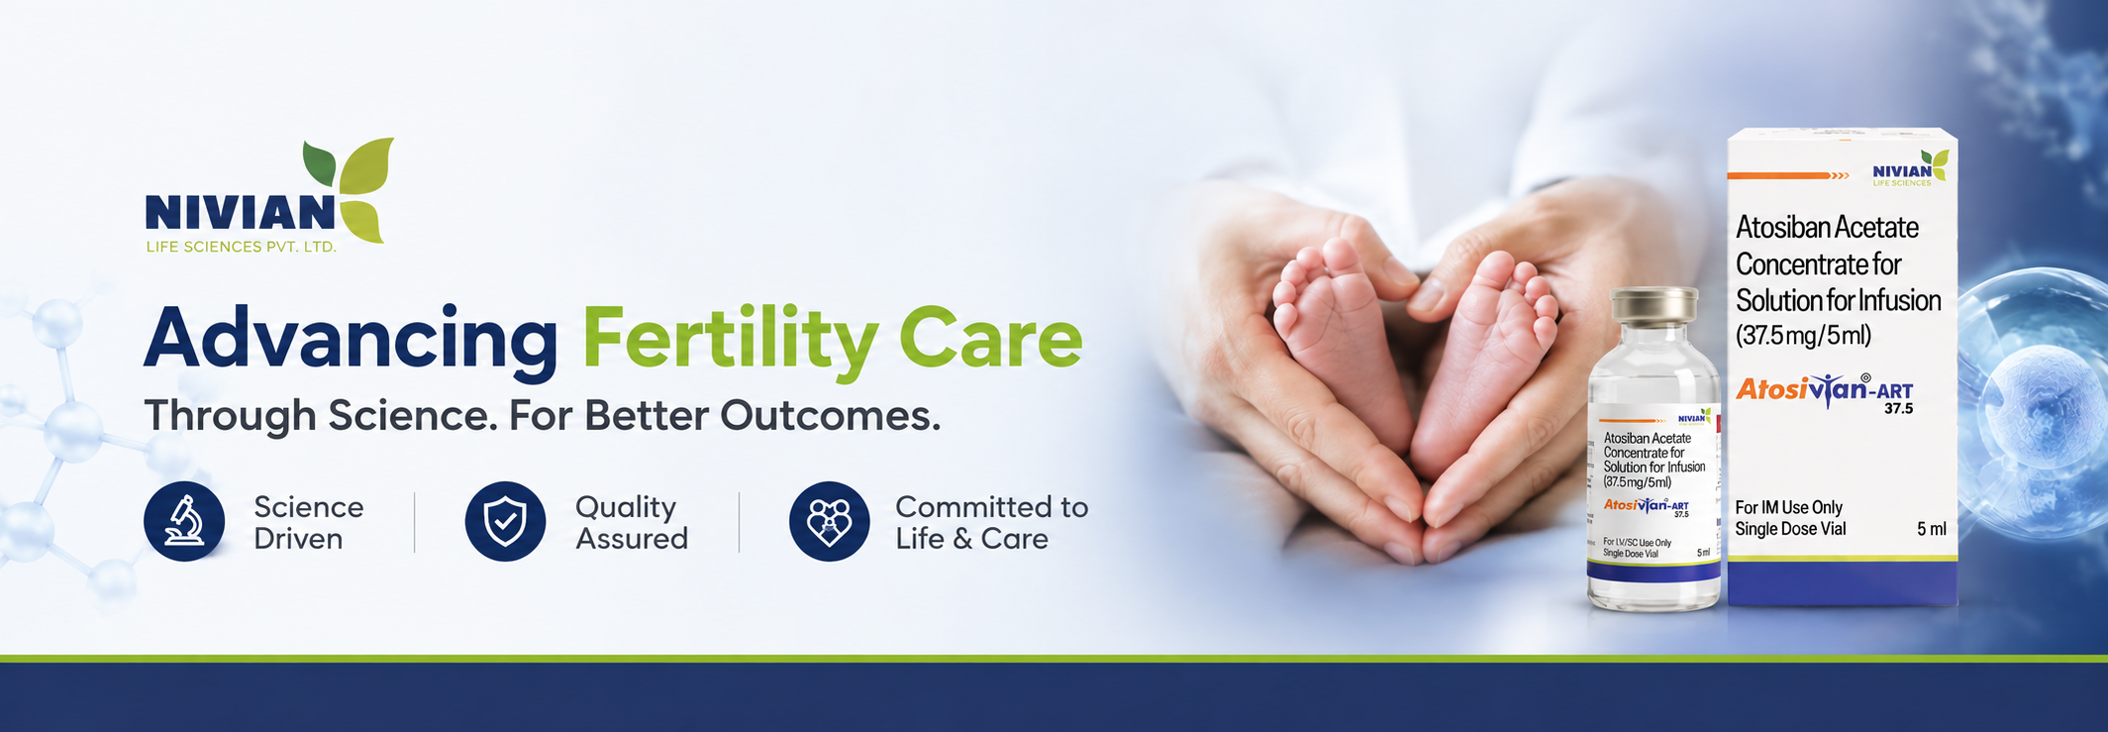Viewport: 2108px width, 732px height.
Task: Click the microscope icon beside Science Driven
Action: tap(184, 521)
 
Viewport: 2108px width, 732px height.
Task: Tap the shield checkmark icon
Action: tap(505, 521)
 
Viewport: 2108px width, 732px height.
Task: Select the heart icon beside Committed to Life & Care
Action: tap(830, 521)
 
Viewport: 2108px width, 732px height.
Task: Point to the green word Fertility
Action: tap(730, 341)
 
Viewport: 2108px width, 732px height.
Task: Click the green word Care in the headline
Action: tap(990, 338)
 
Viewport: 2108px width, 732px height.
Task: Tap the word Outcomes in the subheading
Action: tap(830, 415)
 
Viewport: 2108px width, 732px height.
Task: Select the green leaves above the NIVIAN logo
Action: tap(349, 189)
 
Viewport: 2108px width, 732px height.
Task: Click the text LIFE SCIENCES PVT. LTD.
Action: tap(242, 247)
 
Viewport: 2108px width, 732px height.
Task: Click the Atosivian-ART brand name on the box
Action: tap(1825, 391)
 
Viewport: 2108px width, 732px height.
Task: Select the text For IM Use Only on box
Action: tap(1788, 507)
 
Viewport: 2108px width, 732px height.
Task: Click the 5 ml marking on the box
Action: tap(1932, 529)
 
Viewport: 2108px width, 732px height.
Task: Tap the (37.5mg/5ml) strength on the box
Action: tap(1803, 335)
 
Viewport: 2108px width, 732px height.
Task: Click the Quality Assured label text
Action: tap(632, 522)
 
